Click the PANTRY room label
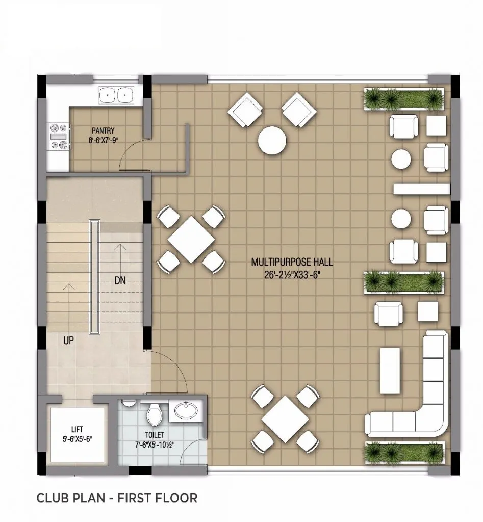[x=103, y=131]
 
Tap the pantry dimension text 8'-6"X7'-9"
[x=104, y=140]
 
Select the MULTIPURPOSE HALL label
[x=291, y=262]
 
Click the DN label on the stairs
[x=120, y=281]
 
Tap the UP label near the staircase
[x=69, y=341]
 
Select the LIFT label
[x=78, y=429]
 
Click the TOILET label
[x=155, y=435]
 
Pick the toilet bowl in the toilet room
[x=154, y=414]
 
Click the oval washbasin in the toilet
[x=185, y=410]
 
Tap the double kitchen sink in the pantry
[x=116, y=95]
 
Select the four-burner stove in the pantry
[x=59, y=136]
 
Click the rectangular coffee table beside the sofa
[x=390, y=370]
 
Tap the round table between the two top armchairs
[x=272, y=140]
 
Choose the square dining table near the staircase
[x=191, y=240]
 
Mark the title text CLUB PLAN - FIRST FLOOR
[x=117, y=498]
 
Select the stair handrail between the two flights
[x=94, y=277]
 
